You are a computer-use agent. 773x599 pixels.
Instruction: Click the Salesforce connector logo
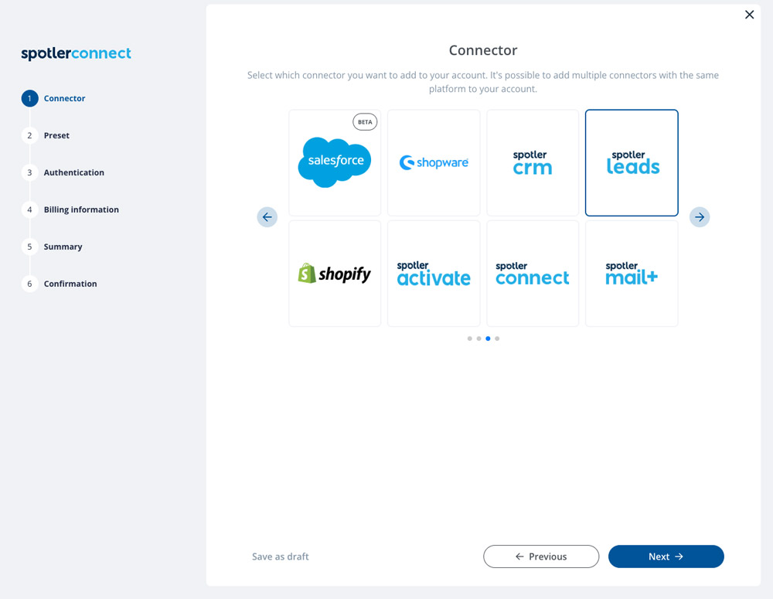click(335, 162)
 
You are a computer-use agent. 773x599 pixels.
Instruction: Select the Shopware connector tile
click(434, 162)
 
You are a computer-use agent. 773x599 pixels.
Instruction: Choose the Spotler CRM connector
click(533, 162)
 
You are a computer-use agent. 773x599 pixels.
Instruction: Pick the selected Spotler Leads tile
click(632, 162)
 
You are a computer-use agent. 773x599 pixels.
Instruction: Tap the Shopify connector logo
click(334, 273)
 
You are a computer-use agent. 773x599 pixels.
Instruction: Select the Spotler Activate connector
click(434, 274)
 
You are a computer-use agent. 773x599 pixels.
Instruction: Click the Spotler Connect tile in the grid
click(533, 274)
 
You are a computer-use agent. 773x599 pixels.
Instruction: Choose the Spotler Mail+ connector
click(632, 274)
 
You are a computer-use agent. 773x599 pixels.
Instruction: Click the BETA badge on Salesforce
click(365, 122)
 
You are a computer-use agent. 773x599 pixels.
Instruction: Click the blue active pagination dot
click(488, 339)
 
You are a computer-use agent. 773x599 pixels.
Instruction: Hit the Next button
click(666, 556)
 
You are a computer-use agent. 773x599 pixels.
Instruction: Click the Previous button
click(541, 556)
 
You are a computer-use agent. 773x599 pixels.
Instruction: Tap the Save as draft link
click(281, 556)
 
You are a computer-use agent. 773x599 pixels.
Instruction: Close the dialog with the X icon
click(749, 15)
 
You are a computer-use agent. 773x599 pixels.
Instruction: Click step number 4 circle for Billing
click(29, 209)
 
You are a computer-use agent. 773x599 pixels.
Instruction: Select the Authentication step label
click(74, 172)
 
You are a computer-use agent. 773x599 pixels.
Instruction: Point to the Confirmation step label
click(70, 284)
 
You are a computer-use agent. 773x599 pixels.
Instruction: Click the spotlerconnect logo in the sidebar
click(76, 53)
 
